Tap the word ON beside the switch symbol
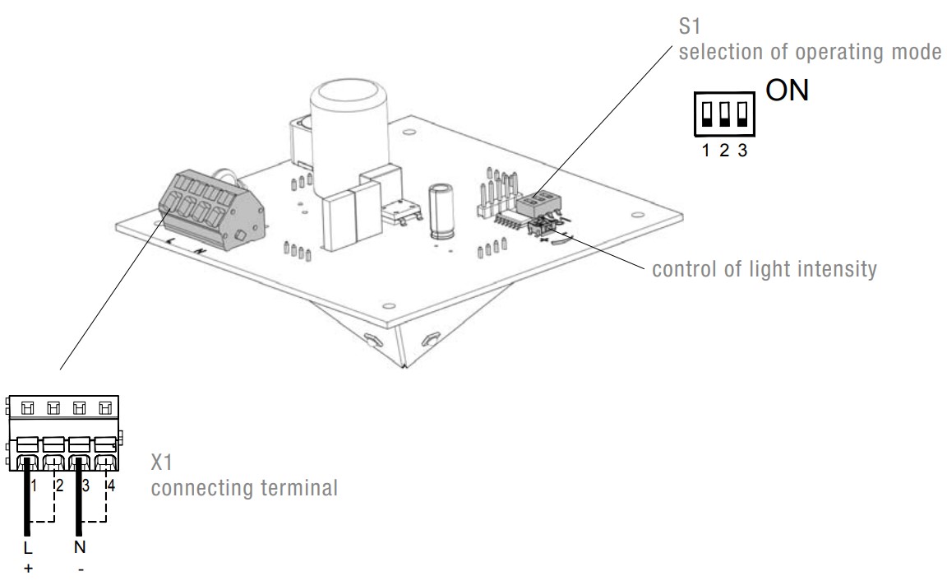click(x=787, y=91)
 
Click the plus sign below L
click(x=28, y=568)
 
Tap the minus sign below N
click(x=80, y=568)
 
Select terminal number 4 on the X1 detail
click(x=111, y=486)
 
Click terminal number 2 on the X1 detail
click(x=59, y=486)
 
